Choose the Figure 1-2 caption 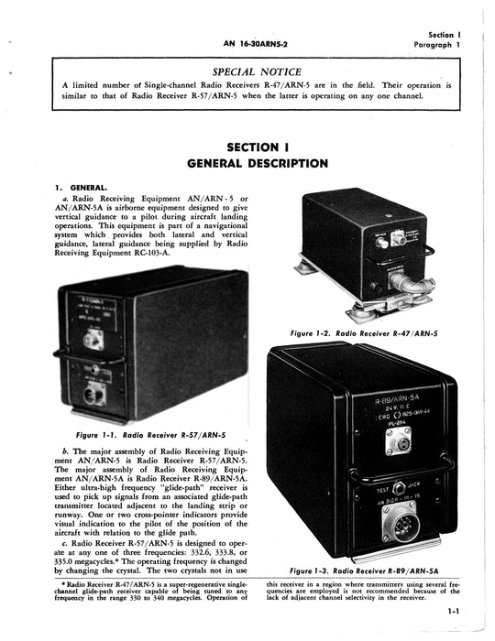pyautogui.click(x=363, y=332)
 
